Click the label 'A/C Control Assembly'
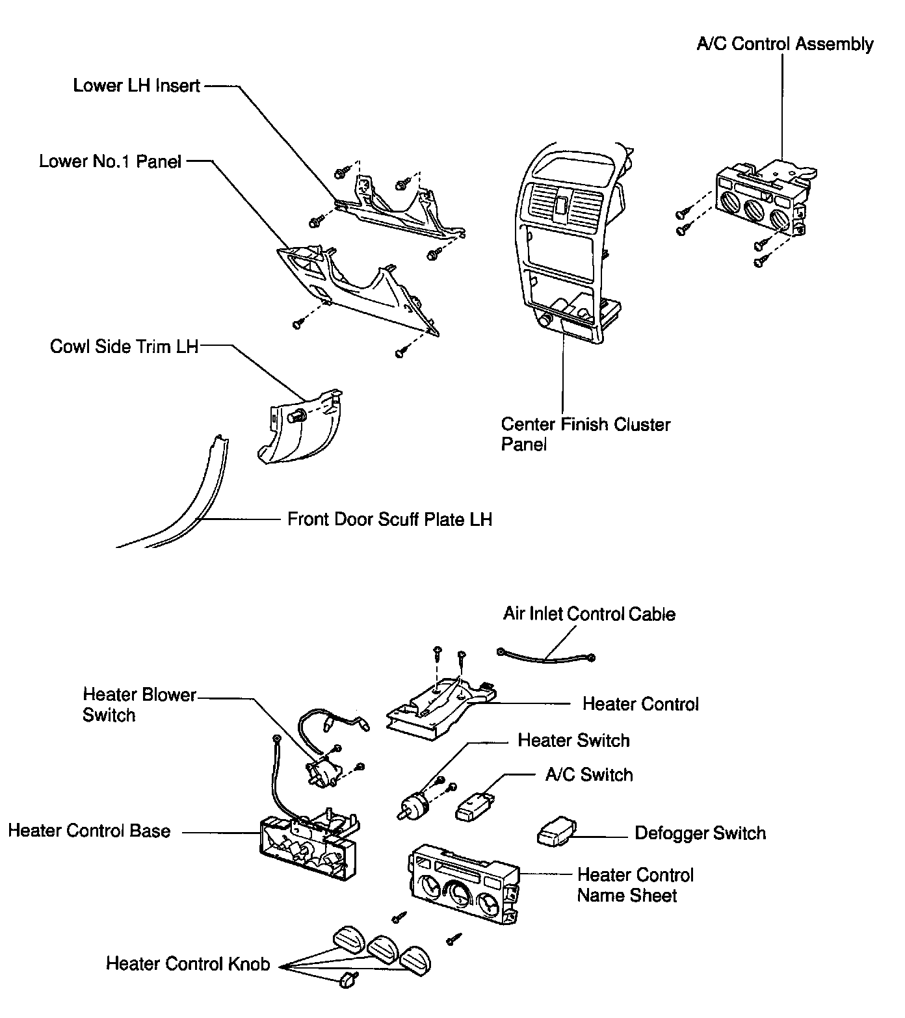click(785, 44)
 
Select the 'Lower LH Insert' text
click(137, 86)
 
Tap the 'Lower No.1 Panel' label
click(110, 161)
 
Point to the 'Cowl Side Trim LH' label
click(124, 346)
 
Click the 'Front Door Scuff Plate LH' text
click(389, 519)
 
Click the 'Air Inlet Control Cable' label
click(589, 614)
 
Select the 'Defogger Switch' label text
click(700, 833)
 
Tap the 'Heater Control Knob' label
click(188, 963)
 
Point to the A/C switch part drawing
click(475, 804)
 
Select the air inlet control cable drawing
click(546, 658)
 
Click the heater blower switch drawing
click(324, 772)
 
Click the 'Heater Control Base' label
click(89, 831)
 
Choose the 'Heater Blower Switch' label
click(139, 705)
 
